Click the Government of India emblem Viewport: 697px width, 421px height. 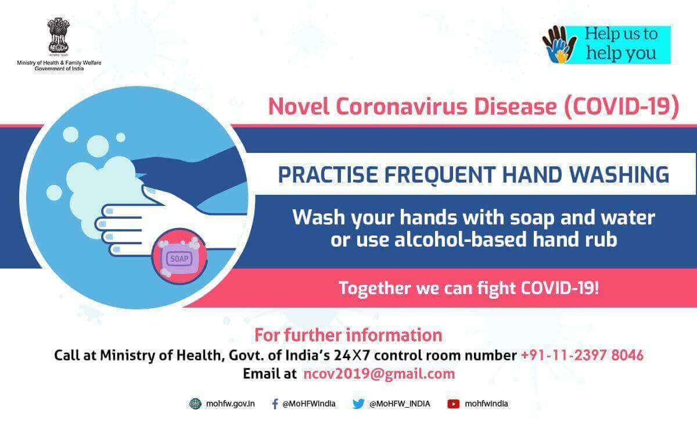[58, 35]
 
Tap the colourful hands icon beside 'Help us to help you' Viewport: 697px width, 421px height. [559, 45]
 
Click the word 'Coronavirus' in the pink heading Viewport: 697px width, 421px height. [401, 106]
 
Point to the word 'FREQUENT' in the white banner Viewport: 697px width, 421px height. [440, 174]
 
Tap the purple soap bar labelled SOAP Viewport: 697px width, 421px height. [179, 259]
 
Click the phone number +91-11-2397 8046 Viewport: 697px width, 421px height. [582, 355]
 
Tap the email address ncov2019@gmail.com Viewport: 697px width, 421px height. [379, 374]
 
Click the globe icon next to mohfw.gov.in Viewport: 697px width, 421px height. [195, 404]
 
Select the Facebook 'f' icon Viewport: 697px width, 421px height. [275, 404]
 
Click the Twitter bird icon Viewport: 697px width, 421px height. [358, 404]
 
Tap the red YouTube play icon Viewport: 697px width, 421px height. [454, 404]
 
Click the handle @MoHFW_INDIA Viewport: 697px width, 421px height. [400, 404]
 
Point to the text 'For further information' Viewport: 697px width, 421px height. [348, 335]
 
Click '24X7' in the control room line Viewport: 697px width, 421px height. [353, 355]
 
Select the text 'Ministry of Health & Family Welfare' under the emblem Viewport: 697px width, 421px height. [59, 63]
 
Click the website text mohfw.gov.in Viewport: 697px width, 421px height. [230, 404]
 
